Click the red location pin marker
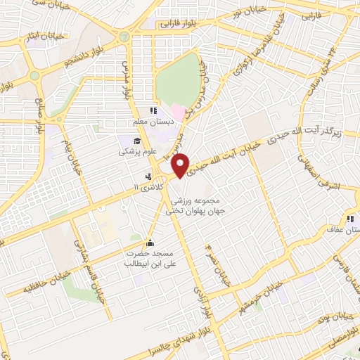point(181,165)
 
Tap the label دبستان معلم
point(153,124)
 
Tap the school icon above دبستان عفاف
point(350,219)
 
